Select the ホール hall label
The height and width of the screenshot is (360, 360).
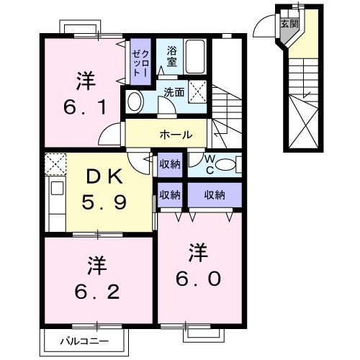(x=176, y=134)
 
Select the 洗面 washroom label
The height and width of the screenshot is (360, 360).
(x=173, y=92)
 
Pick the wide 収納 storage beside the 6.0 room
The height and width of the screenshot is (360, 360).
(x=215, y=194)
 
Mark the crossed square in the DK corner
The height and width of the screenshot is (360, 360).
(x=55, y=164)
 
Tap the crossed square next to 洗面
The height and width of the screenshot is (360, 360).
(x=201, y=91)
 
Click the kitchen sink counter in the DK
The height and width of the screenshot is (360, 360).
(x=55, y=197)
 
